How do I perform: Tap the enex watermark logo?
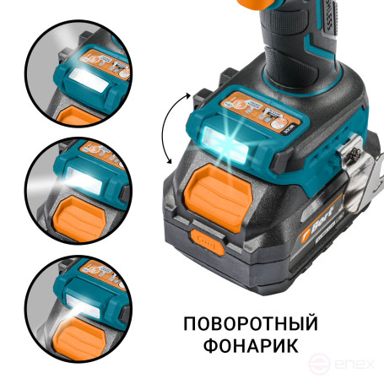[x=343, y=365]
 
